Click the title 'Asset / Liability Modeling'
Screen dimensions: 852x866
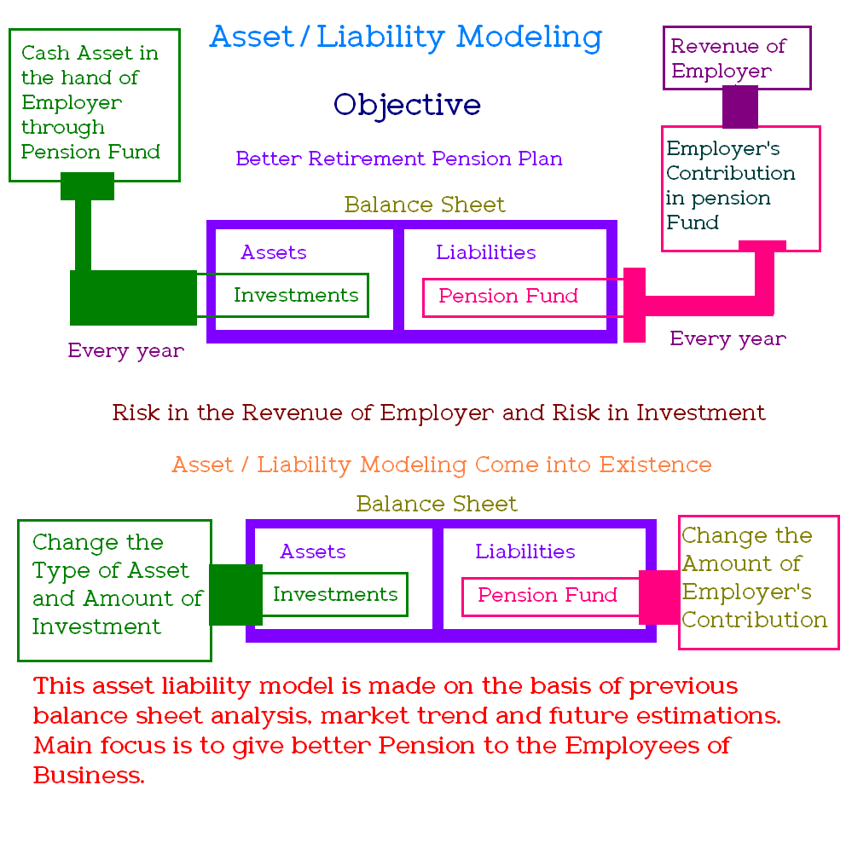pyautogui.click(x=406, y=38)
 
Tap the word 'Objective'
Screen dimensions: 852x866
pyautogui.click(x=407, y=104)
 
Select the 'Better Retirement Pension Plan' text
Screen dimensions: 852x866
pyautogui.click(x=399, y=159)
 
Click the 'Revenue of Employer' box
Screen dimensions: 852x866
pyautogui.click(x=737, y=58)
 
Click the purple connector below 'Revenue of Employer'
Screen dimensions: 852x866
pyautogui.click(x=739, y=107)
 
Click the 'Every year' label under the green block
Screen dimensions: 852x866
pyautogui.click(x=126, y=350)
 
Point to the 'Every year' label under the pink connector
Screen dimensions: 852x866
pyautogui.click(x=727, y=338)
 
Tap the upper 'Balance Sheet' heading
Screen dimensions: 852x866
pyautogui.click(x=425, y=205)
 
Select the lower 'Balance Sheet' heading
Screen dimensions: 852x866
pyautogui.click(x=437, y=504)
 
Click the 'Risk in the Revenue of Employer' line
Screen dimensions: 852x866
pyautogui.click(x=438, y=413)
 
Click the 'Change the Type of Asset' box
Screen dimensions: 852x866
pyautogui.click(x=115, y=591)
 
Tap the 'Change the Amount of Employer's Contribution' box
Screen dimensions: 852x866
pyautogui.click(x=759, y=583)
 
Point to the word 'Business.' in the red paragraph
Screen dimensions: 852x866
pyautogui.click(x=89, y=776)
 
